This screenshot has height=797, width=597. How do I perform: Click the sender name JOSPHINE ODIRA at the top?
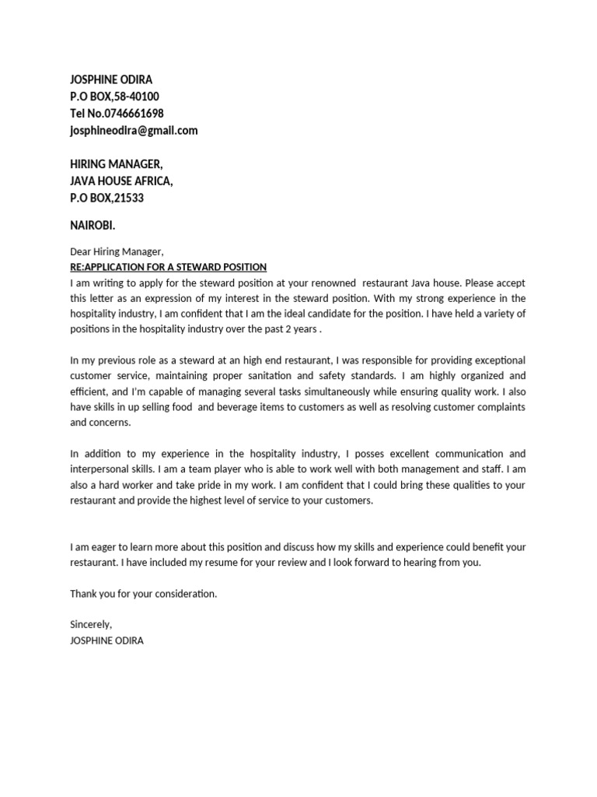110,79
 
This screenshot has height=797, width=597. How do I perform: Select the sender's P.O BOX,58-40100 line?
114,97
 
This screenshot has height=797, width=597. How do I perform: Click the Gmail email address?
134,131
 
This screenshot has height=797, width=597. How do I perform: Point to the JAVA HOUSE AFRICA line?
121,181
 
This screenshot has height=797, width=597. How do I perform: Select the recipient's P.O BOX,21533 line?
106,198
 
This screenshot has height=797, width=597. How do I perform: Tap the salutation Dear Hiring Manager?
117,251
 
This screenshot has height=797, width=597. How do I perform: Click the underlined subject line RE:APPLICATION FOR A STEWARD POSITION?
168,267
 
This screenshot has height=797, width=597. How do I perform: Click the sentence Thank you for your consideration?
144,594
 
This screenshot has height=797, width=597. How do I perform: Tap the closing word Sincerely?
91,625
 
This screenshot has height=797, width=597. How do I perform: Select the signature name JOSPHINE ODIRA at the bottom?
106,641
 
